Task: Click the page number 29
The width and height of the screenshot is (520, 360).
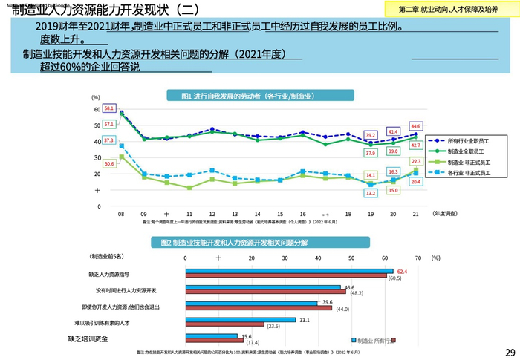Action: point(510,352)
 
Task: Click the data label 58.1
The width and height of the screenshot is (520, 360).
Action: point(109,108)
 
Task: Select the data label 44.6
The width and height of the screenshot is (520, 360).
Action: point(416,126)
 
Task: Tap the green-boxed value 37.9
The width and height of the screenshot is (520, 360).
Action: point(371,153)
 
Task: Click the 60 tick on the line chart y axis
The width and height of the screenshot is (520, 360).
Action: point(97,109)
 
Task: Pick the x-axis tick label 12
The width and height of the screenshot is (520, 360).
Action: point(212,213)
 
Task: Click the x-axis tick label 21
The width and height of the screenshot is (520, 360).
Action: point(415,213)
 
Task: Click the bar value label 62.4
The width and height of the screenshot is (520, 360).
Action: point(403,272)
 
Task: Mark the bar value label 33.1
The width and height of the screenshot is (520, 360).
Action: point(303,320)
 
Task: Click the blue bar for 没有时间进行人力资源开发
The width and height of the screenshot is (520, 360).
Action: point(263,287)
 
